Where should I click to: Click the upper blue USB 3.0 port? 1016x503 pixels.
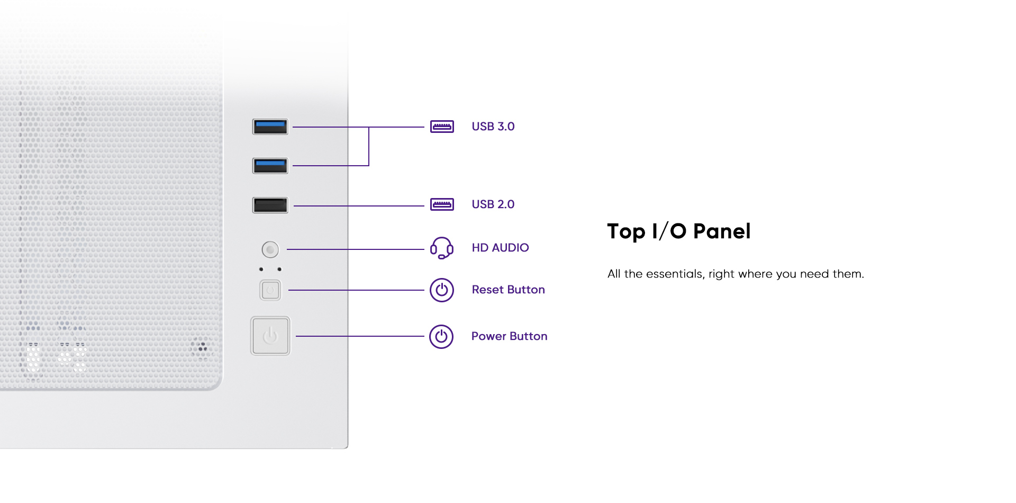[x=270, y=127]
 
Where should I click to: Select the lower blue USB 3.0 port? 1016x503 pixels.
[x=270, y=166]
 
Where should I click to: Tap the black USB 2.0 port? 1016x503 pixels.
[x=270, y=205]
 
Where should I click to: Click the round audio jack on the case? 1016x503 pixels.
[x=270, y=249]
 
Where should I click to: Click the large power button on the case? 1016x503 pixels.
[x=270, y=336]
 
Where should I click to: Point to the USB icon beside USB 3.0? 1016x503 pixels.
[x=442, y=127]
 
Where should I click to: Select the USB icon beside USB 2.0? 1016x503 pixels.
[x=442, y=204]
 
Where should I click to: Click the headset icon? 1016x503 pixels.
[x=442, y=248]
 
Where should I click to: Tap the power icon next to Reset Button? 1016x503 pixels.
[x=442, y=290]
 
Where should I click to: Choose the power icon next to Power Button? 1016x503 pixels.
[x=441, y=337]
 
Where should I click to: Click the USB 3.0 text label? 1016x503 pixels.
[x=493, y=127]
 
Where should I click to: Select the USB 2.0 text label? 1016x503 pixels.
[x=493, y=204]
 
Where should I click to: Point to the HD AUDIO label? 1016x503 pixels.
[x=500, y=248]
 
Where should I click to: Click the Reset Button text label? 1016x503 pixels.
[x=508, y=290]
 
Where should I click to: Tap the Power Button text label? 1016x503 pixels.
[x=509, y=336]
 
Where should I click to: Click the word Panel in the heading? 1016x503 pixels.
[x=722, y=231]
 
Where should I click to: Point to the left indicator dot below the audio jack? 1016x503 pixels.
[x=261, y=270]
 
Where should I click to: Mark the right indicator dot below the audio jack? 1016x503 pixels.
[x=279, y=270]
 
